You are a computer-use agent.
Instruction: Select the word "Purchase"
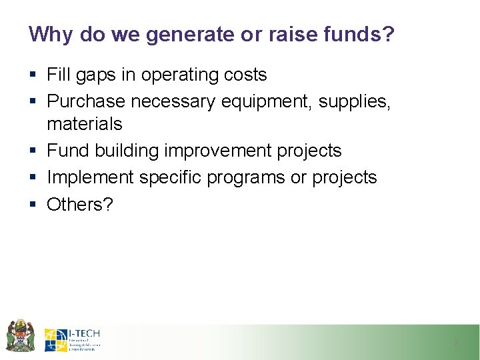[86, 101]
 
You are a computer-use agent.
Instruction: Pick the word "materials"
[85, 124]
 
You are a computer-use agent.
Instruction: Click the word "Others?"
[80, 204]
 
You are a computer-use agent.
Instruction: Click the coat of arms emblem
[19, 336]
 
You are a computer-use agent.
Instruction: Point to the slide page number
[455, 343]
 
